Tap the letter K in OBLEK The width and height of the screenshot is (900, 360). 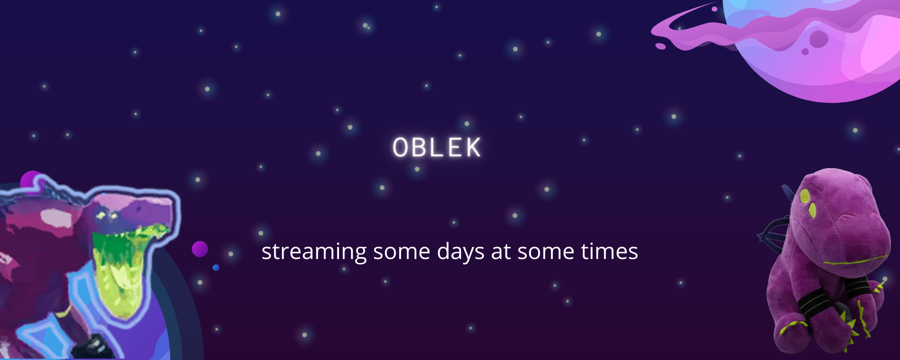click(472, 147)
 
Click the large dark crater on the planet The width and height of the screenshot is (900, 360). click(818, 39)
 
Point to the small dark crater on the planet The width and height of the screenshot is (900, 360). click(805, 51)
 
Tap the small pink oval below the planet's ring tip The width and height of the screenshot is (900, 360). click(660, 46)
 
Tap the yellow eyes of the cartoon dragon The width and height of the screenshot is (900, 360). click(107, 215)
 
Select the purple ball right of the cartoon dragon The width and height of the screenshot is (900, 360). click(200, 249)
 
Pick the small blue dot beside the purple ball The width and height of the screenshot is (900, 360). click(216, 268)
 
